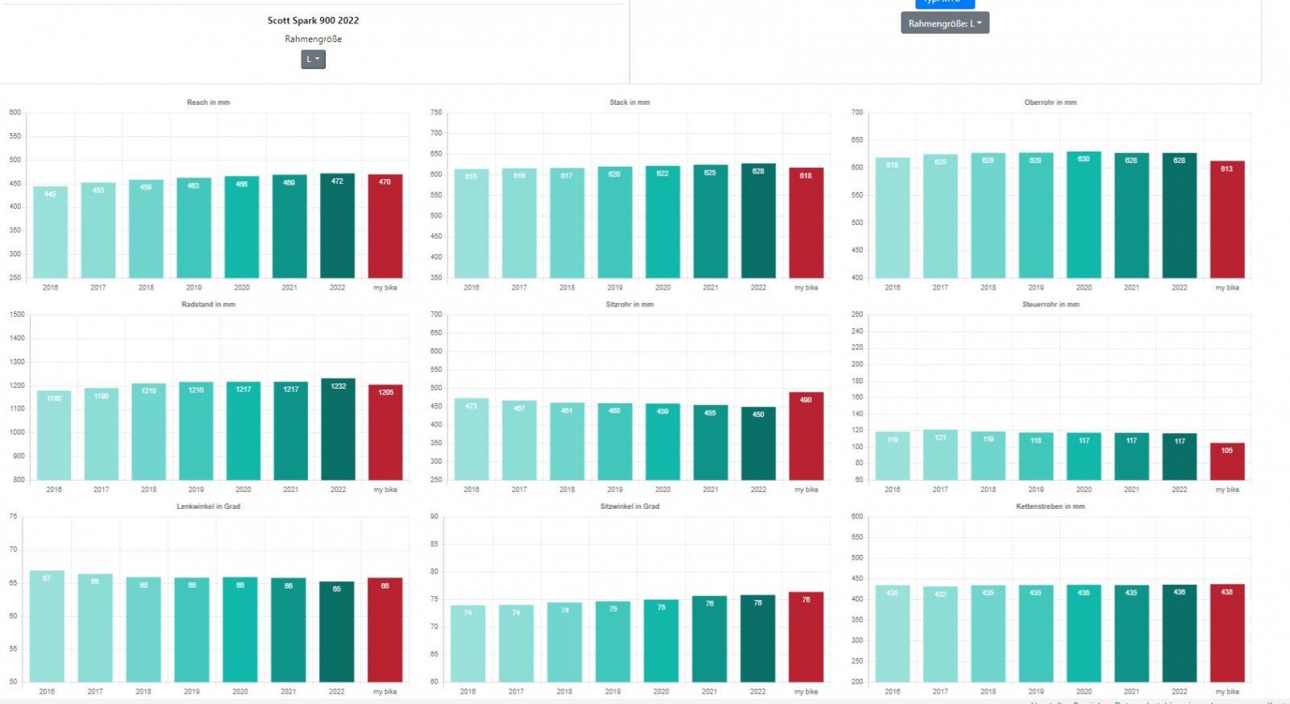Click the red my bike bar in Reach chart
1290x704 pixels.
(x=385, y=227)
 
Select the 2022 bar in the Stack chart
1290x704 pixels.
(x=758, y=221)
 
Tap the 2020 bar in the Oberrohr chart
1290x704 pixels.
(x=1084, y=215)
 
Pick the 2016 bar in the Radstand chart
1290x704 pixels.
(x=54, y=435)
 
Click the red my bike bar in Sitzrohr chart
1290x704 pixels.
(x=806, y=436)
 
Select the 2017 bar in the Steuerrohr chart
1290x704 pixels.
(x=940, y=455)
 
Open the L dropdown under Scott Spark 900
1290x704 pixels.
(x=313, y=60)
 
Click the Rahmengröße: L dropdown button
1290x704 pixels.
(x=945, y=23)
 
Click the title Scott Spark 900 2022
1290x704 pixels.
(x=313, y=20)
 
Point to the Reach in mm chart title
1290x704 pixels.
(x=208, y=102)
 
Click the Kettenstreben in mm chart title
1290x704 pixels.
(x=1050, y=506)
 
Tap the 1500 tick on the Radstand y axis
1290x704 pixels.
(x=17, y=315)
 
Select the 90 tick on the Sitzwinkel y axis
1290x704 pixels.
(x=434, y=516)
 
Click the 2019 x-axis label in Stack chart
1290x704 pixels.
(x=615, y=288)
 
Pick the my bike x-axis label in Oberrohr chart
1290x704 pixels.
(x=1227, y=288)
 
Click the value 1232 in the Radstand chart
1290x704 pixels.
(x=338, y=386)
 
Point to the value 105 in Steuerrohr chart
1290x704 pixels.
(x=1227, y=451)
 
